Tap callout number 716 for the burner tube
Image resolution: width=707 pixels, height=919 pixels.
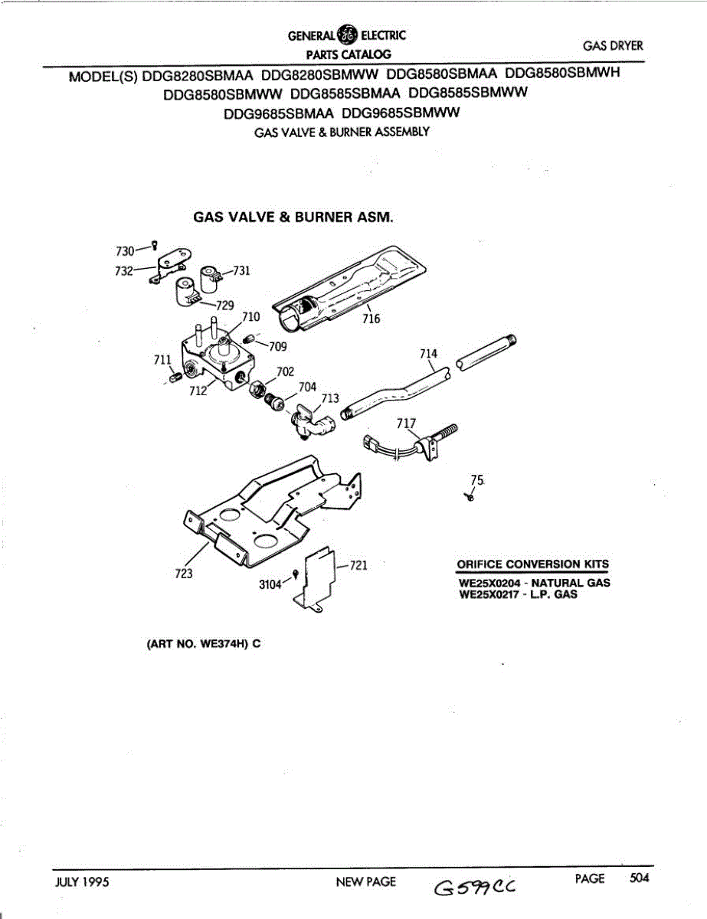[x=372, y=319]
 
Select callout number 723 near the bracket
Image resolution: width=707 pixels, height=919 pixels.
[x=183, y=574]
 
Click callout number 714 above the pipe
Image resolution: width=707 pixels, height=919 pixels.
[x=429, y=353]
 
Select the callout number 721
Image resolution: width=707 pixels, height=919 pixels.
[x=359, y=566]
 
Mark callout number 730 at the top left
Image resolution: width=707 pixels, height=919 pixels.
[x=124, y=250]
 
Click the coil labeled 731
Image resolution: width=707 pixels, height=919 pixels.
[x=210, y=276]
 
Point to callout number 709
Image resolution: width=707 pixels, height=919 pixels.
[x=277, y=346]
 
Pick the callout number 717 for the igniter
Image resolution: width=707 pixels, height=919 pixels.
[x=407, y=424]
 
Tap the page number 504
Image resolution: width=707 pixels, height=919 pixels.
[x=639, y=878]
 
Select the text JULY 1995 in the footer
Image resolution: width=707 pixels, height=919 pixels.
[x=82, y=881]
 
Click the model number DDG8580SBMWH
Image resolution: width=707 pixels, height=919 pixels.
[x=562, y=74]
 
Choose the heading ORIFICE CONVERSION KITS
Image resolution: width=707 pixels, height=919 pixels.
[x=533, y=565]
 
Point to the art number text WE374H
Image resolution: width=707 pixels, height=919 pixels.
[x=220, y=643]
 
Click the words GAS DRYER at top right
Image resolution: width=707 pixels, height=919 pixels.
[x=613, y=46]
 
